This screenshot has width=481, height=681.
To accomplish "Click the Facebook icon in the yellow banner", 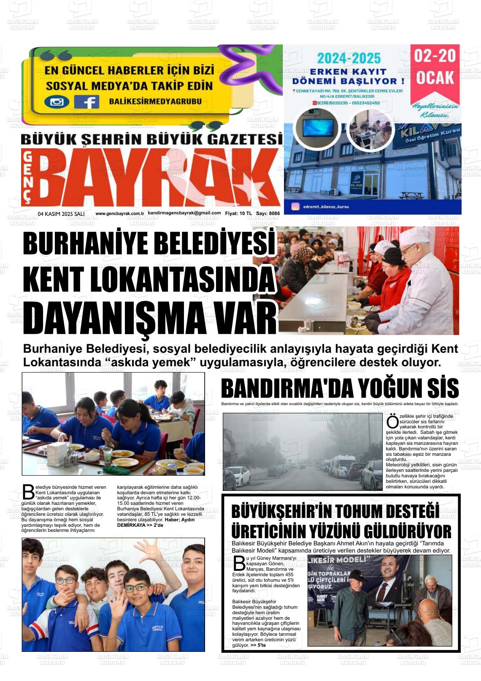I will coord(86,102).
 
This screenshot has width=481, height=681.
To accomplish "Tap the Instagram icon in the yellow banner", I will coord(57,102).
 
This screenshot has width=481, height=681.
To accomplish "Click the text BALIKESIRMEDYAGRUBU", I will coord(155,101).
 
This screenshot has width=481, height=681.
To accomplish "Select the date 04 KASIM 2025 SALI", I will coord(61,214).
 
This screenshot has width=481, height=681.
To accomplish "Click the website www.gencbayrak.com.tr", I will coord(120,213).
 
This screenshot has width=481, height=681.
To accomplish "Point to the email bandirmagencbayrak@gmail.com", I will coord(184,213).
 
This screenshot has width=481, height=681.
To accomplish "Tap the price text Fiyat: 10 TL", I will coord(238,213).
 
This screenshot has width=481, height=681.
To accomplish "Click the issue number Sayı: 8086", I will coord(268,213).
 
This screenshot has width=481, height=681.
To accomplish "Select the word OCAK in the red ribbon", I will coord(435,78).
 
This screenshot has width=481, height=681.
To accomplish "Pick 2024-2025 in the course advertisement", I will coord(349,58).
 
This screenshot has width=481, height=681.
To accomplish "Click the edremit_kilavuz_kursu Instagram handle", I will coord(326,207).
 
